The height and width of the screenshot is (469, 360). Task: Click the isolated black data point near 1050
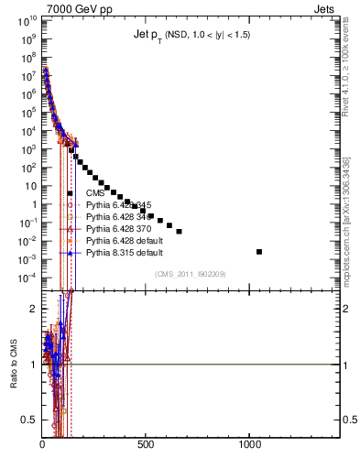(x=259, y=251)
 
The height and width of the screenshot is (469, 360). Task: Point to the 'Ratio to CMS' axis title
(x=14, y=381)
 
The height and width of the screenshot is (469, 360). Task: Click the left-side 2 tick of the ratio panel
(x=31, y=309)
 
